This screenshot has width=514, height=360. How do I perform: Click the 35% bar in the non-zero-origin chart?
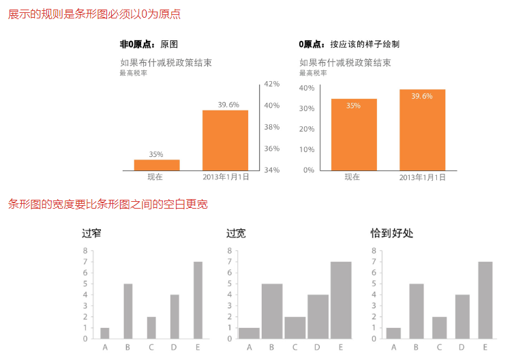(x=157, y=164)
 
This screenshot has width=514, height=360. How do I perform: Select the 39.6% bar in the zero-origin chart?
(x=422, y=130)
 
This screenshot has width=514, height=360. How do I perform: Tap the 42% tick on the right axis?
(x=272, y=84)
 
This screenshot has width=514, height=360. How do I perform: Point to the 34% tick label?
(x=272, y=170)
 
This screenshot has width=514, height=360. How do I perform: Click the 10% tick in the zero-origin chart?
(x=307, y=149)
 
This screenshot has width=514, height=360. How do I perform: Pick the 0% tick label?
(x=309, y=170)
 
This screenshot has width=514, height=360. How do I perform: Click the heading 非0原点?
(x=134, y=44)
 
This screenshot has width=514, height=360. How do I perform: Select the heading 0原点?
(x=312, y=44)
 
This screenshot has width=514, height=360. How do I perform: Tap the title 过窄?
(x=91, y=233)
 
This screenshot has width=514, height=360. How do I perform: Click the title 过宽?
(x=236, y=233)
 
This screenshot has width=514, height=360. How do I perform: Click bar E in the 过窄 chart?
(x=198, y=300)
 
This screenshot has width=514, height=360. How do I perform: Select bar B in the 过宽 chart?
(x=272, y=311)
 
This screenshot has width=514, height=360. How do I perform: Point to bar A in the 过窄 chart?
(x=105, y=333)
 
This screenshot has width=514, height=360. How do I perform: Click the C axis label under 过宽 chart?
(x=294, y=347)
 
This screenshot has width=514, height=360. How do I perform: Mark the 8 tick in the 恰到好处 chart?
(x=373, y=250)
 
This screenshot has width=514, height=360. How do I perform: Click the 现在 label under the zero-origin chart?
(x=352, y=177)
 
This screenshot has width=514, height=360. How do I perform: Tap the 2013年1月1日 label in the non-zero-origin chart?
(x=226, y=177)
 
